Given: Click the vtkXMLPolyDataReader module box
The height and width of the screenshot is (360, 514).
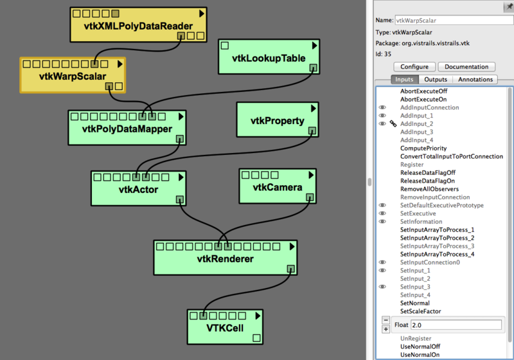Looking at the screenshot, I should [x=139, y=26].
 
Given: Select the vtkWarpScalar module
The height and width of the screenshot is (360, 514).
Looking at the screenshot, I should [x=72, y=75].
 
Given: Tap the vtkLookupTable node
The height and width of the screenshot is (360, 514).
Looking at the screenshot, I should [x=268, y=58].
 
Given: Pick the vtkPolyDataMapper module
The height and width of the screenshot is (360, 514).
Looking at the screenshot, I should [x=127, y=129].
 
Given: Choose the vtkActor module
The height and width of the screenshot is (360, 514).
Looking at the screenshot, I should [x=138, y=189].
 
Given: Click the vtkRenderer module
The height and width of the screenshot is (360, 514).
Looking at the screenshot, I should [x=225, y=259].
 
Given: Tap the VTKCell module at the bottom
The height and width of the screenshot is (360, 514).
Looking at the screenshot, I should [x=225, y=327].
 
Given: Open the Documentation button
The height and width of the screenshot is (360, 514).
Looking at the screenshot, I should [x=466, y=67].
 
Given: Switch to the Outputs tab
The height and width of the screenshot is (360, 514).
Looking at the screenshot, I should [x=436, y=80].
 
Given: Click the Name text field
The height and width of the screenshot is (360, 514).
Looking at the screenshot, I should [x=454, y=21].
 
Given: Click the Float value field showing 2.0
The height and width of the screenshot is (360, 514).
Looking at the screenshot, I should [x=455, y=325].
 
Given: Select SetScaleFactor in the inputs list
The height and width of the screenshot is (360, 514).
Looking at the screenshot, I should [x=420, y=311].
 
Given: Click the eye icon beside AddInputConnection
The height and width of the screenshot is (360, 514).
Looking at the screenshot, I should [x=382, y=107].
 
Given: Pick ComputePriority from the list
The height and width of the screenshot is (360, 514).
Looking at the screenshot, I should [x=424, y=148].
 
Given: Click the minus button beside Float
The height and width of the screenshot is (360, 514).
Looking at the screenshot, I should [x=385, y=320].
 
